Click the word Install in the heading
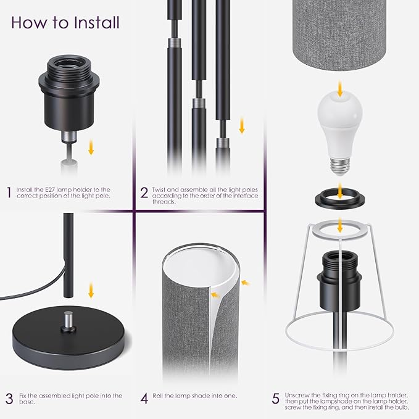[x=97, y=22]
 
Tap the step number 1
[x=9, y=193]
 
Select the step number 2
[x=144, y=193]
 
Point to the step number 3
[x=9, y=399]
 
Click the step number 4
[x=144, y=399]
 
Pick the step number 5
[x=276, y=399]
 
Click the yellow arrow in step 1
[x=91, y=147]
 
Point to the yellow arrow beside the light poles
[x=242, y=126]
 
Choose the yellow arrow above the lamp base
[x=91, y=290]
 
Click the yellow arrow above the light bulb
[x=340, y=89]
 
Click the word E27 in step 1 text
[x=50, y=189]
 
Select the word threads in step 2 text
[x=164, y=202]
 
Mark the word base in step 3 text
[x=27, y=402]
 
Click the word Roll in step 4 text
[x=158, y=396]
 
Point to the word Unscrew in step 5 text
[x=297, y=395]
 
